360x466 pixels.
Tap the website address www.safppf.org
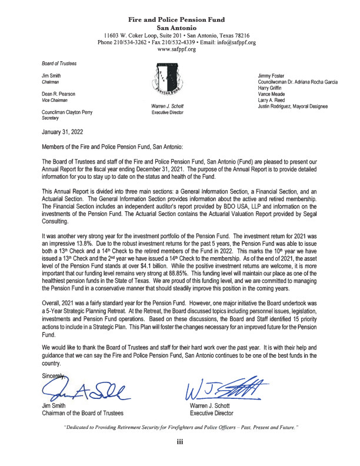coord(179,49)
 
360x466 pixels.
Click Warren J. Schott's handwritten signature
coord(223,387)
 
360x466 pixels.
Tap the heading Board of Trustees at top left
coord(58,64)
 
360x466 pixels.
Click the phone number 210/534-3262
coord(132,42)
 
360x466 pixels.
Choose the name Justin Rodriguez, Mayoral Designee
coord(299,107)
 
